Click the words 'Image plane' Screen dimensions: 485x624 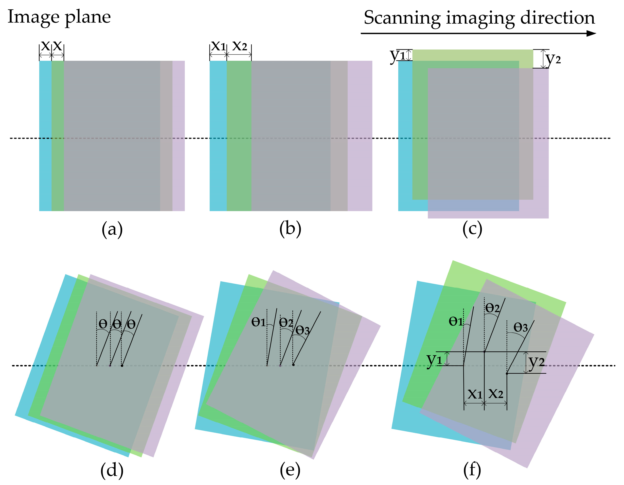point(59,17)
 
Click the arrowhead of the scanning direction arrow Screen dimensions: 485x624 point(591,34)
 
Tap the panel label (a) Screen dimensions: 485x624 point(112,229)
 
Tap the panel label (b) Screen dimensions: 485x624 point(290,229)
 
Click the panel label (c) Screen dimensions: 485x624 point(472,229)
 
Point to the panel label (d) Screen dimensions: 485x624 point(112,470)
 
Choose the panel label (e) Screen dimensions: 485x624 point(290,470)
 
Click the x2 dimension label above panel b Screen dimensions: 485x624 point(239,46)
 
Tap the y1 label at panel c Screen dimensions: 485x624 point(398,56)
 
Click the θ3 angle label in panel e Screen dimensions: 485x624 point(302,330)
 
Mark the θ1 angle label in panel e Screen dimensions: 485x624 point(259,322)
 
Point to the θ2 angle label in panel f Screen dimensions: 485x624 point(492,308)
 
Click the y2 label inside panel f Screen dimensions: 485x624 point(536,362)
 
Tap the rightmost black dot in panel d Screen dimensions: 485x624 point(122,366)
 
